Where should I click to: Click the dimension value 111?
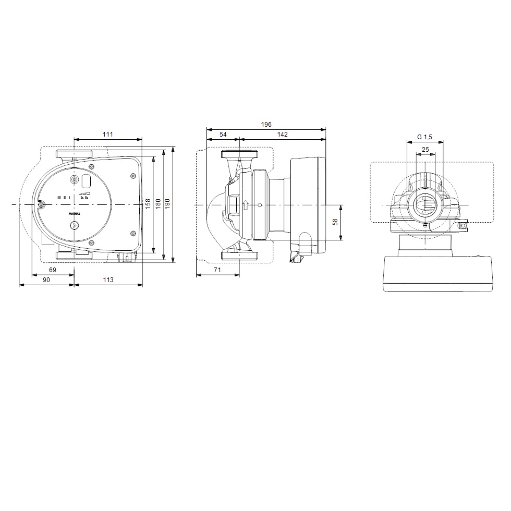[x=107, y=135]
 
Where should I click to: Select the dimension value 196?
[x=266, y=125]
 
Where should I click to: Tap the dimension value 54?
[x=223, y=135]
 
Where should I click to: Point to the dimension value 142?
[x=282, y=135]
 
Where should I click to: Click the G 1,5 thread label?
[x=424, y=137]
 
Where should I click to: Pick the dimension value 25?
[x=425, y=150]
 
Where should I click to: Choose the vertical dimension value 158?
[x=148, y=204]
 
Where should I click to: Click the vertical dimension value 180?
[x=158, y=204]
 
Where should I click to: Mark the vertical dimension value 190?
[x=167, y=204]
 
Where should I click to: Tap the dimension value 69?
[x=53, y=270]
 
